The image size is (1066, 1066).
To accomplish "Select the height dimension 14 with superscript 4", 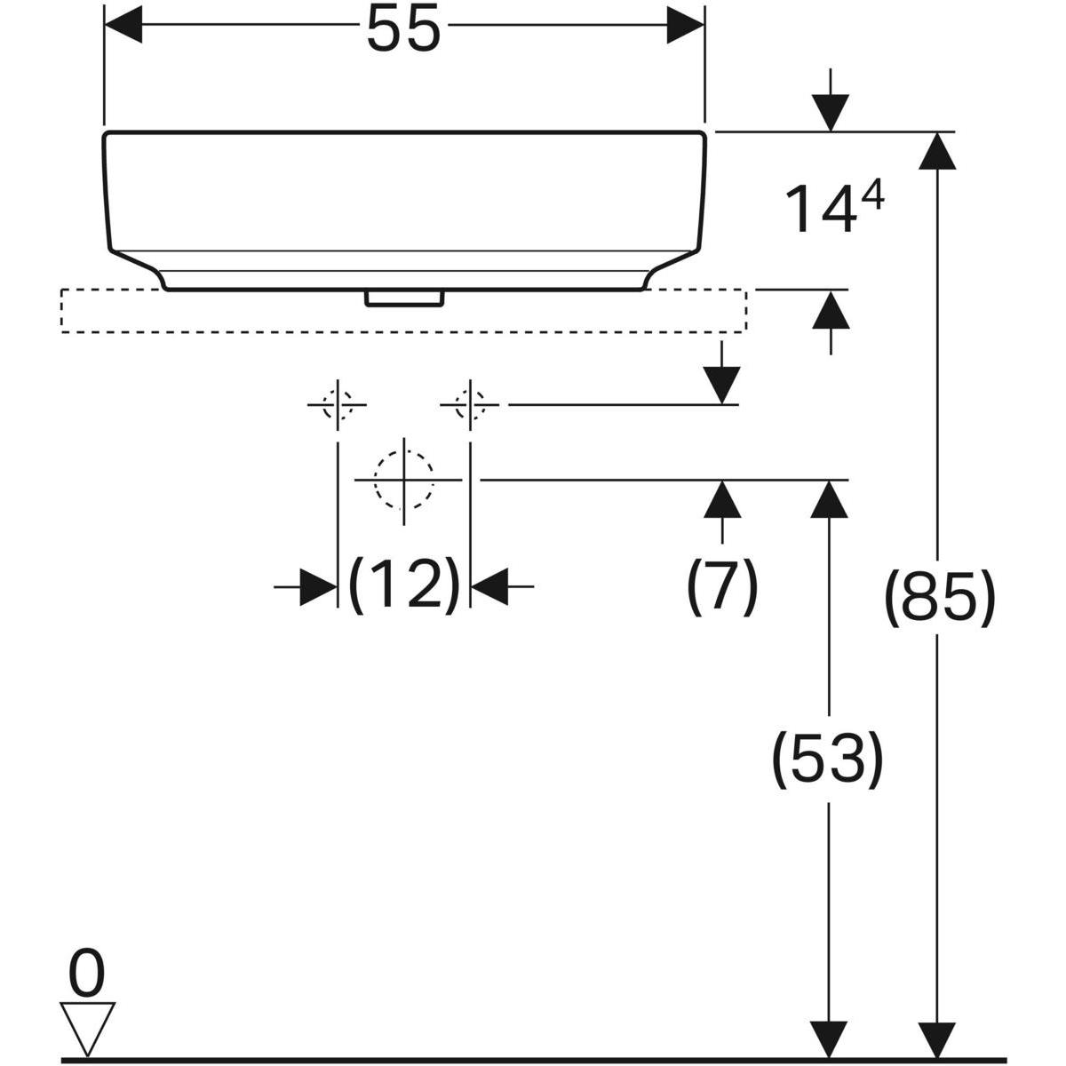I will (x=833, y=210).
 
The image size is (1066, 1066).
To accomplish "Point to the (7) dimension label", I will (x=721, y=587).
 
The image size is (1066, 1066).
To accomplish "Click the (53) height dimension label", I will (x=827, y=760).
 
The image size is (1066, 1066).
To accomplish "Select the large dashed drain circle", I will (x=403, y=479).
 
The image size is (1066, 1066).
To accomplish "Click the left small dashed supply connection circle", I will (x=337, y=405).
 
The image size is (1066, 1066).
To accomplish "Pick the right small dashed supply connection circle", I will (x=470, y=405).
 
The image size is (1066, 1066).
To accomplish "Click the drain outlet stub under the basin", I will (x=404, y=297).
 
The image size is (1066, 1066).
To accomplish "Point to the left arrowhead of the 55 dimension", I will (x=123, y=25).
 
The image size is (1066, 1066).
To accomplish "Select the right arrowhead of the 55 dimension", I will (x=685, y=25).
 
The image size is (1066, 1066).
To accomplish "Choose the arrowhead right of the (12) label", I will (x=489, y=587).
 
